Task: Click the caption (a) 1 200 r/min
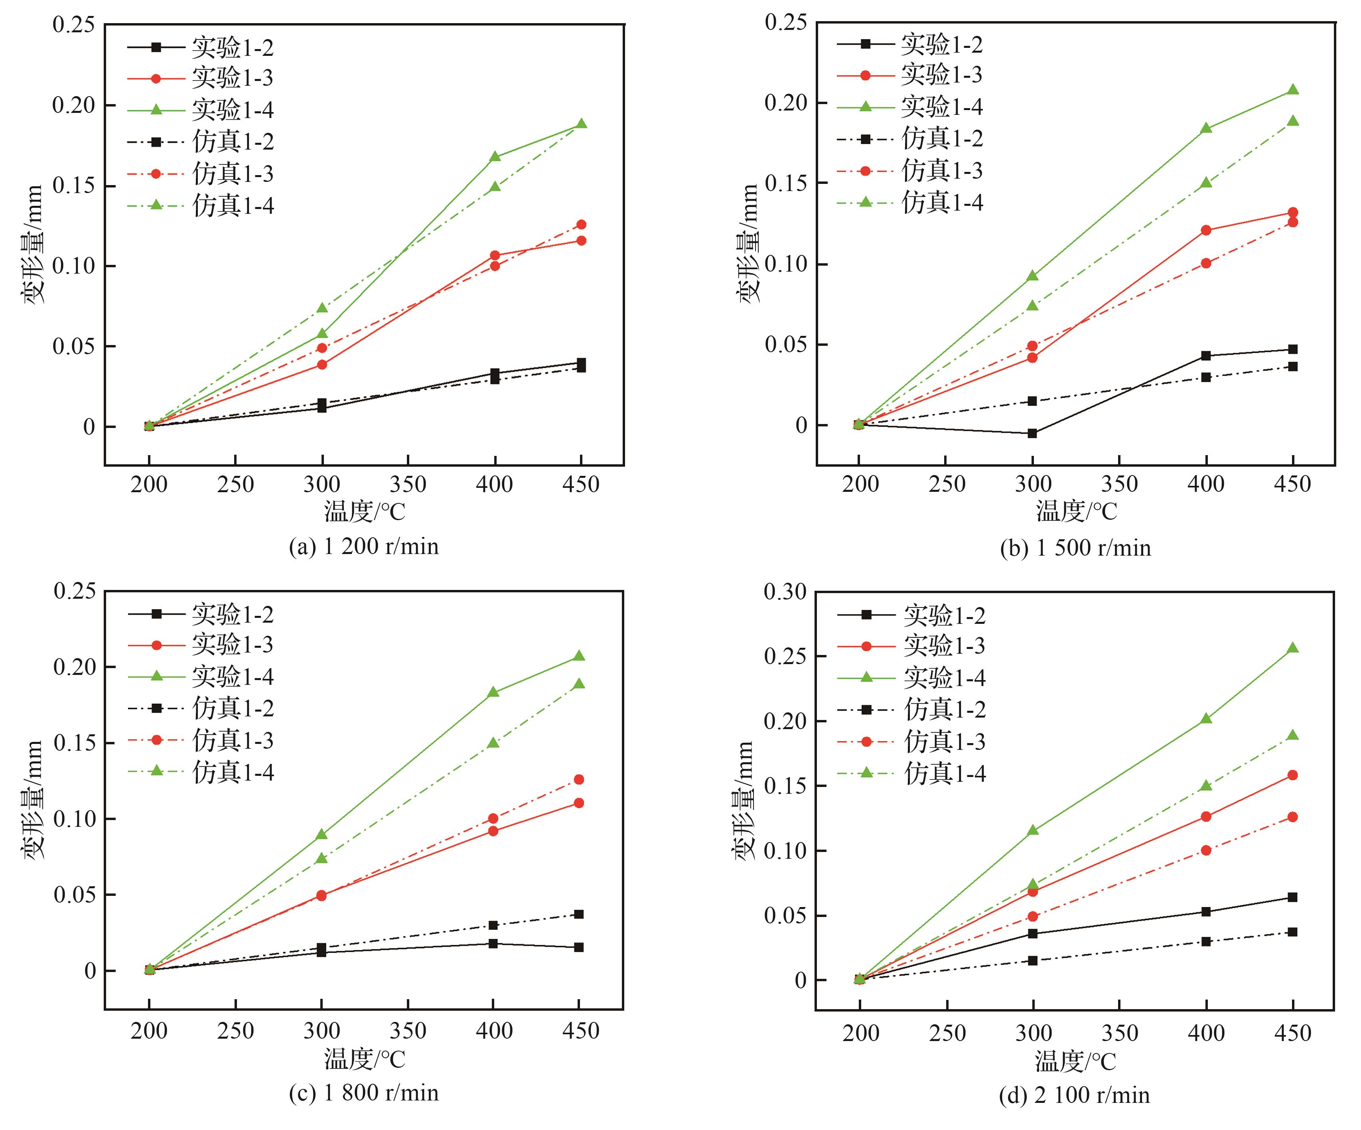[363, 546]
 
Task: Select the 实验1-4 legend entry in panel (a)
[201, 110]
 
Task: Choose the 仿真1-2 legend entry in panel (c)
[201, 708]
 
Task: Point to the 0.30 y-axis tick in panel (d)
[785, 591]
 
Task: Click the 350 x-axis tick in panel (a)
[408, 484]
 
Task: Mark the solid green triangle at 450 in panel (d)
[1292, 648]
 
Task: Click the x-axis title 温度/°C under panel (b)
[1076, 511]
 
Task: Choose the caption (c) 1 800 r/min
[363, 1093]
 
